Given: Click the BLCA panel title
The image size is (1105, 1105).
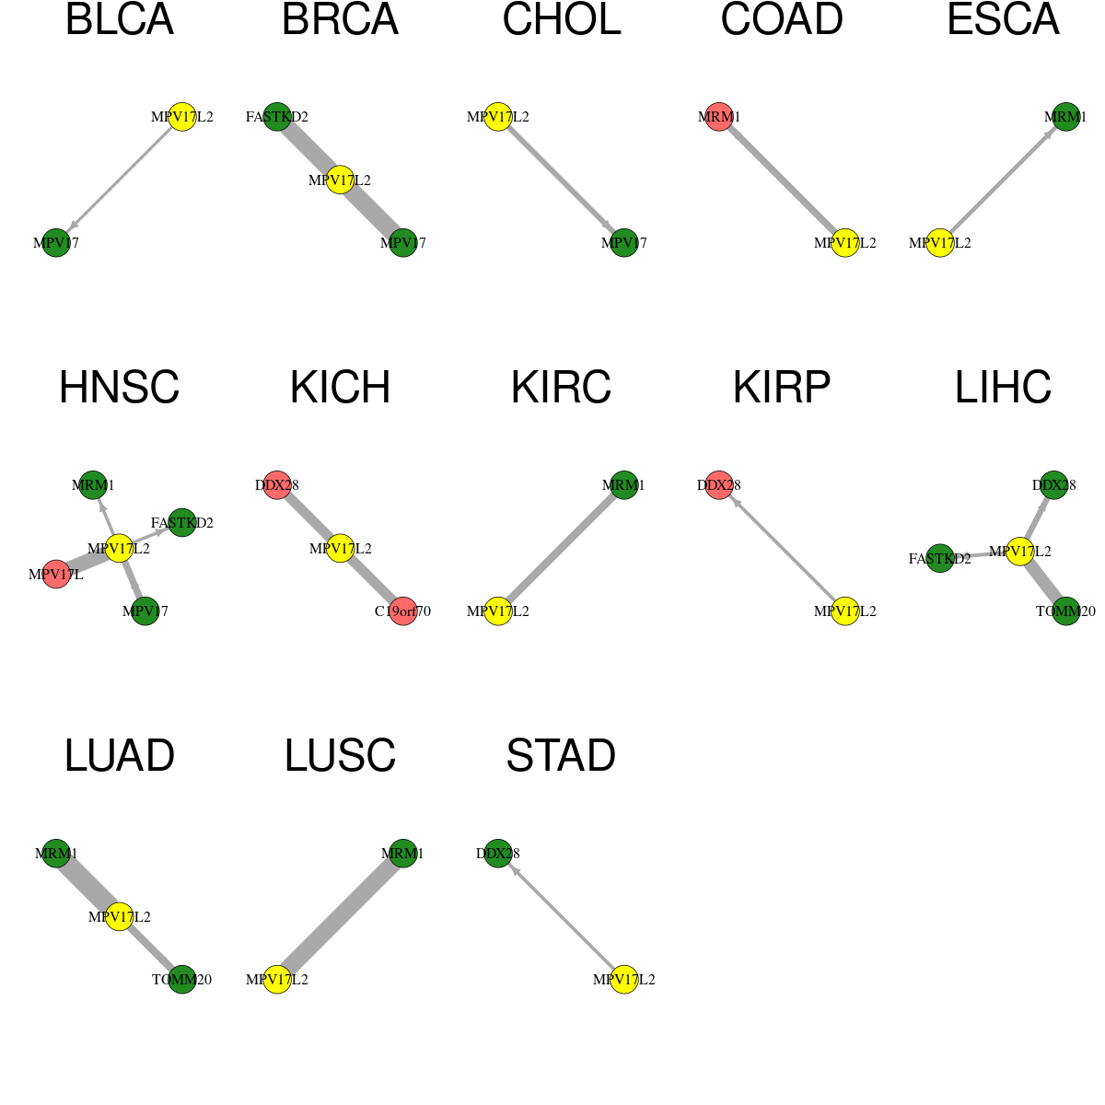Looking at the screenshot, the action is [120, 19].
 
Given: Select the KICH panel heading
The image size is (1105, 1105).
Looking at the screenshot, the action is [340, 388].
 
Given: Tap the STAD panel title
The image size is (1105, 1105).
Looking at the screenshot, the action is [561, 756].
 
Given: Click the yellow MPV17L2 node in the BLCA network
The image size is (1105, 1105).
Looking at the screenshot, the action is [181, 117].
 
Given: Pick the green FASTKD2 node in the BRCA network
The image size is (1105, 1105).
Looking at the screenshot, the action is [277, 117].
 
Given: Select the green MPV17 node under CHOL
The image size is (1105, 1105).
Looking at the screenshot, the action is [624, 243].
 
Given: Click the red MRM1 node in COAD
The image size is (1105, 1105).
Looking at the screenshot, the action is [719, 117].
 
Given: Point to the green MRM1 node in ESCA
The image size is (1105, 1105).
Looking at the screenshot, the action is [1065, 117].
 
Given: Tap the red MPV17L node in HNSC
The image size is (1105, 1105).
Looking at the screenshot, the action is [56, 574].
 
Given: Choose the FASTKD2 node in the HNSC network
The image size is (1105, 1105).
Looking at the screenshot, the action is [181, 523].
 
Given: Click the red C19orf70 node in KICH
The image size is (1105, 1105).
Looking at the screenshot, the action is [402, 611].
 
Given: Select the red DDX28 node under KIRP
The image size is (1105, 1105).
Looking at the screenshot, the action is [719, 485].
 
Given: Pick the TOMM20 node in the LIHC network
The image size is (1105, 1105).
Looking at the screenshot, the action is [1065, 611].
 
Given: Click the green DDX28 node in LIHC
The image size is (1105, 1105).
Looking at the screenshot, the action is [1054, 485].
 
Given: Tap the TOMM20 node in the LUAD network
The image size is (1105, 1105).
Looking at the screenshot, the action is [181, 980].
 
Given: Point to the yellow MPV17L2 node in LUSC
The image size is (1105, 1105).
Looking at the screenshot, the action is [277, 980].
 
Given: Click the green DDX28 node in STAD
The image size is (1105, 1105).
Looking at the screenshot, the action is [498, 854].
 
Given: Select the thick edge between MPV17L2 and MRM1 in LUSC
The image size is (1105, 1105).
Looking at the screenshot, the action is [340, 916].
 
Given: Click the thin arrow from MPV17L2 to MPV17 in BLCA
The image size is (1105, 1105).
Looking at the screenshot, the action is [120, 180].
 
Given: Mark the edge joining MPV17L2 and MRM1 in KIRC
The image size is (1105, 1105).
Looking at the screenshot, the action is [561, 548].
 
